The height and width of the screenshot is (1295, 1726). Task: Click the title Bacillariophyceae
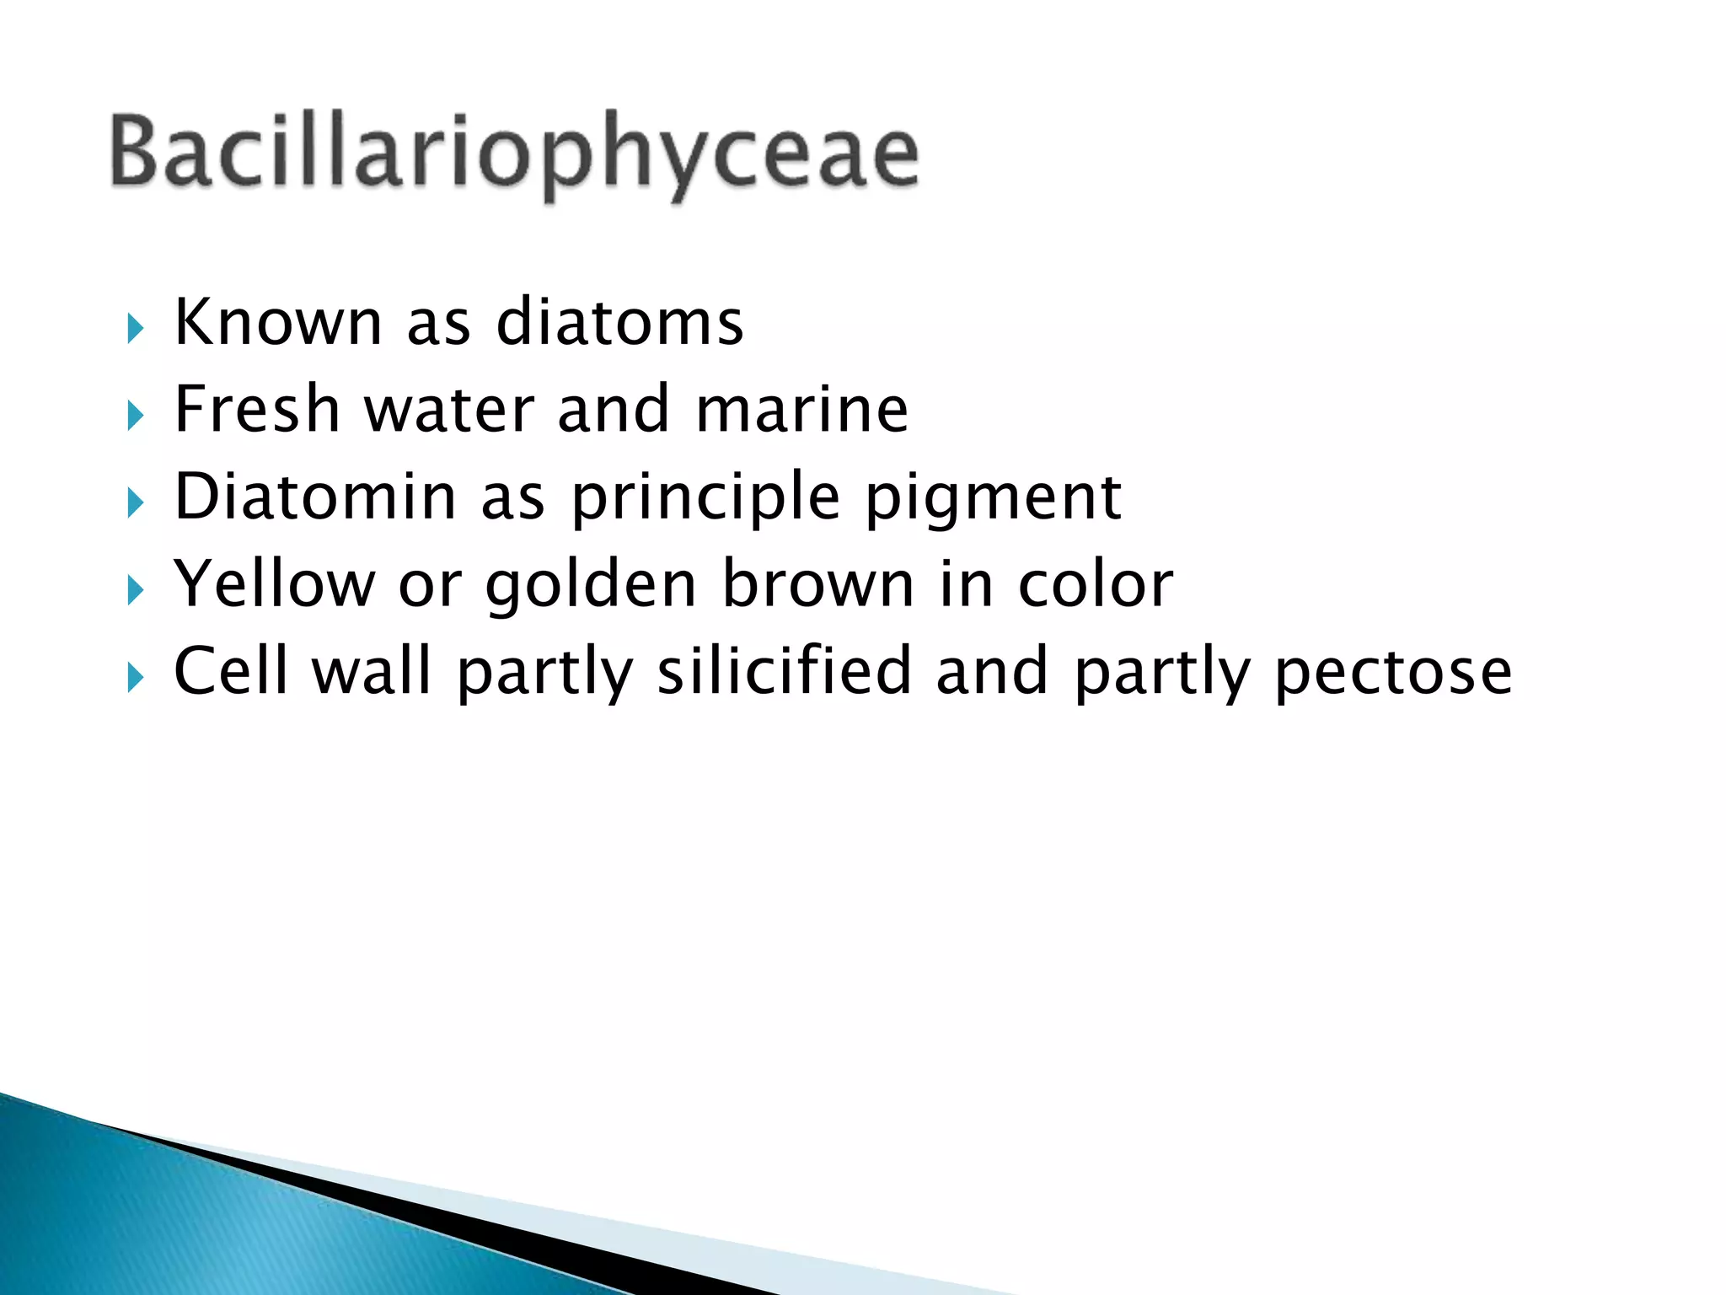pyautogui.click(x=514, y=153)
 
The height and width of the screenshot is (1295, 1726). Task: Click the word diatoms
pyautogui.click(x=619, y=323)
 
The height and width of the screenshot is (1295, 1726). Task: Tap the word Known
pyautogui.click(x=278, y=323)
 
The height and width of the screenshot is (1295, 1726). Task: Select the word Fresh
pyautogui.click(x=257, y=410)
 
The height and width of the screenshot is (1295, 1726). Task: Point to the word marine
pyautogui.click(x=801, y=410)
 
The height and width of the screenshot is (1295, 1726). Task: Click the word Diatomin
pyautogui.click(x=315, y=497)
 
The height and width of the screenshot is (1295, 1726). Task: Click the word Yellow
pyautogui.click(x=274, y=583)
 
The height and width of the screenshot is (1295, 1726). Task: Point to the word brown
pyautogui.click(x=817, y=583)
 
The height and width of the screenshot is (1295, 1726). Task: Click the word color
pyautogui.click(x=1095, y=583)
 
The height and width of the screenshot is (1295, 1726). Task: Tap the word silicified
pyautogui.click(x=784, y=671)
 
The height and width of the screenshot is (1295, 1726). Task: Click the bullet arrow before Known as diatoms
pyautogui.click(x=135, y=329)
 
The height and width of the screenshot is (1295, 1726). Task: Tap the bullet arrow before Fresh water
pyautogui.click(x=135, y=416)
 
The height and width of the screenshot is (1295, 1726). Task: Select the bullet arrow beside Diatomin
pyautogui.click(x=135, y=503)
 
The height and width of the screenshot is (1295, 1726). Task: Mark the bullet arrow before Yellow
pyautogui.click(x=135, y=590)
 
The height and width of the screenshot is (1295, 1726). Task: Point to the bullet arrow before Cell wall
pyautogui.click(x=135, y=677)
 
